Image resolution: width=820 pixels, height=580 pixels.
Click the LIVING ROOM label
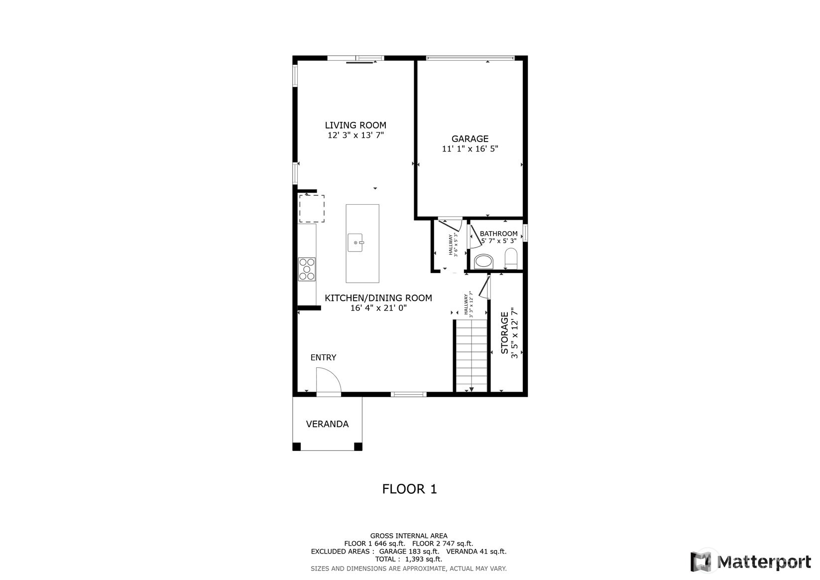coord(355,125)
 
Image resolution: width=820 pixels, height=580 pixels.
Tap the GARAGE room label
coord(469,139)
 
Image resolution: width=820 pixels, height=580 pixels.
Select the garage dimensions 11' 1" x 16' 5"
coord(470,149)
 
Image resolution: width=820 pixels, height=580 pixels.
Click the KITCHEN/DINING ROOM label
coord(378,298)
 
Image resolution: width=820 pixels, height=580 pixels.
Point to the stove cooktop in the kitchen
coord(307,269)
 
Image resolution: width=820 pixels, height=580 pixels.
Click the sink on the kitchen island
coord(355,243)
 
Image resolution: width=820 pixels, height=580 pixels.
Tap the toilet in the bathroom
coord(511,258)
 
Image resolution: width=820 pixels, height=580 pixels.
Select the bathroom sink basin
coord(483,262)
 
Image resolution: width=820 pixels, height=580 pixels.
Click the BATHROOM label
coord(498,233)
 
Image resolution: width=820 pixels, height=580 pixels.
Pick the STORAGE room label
coord(504,333)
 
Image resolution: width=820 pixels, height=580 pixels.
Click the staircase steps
coord(471,355)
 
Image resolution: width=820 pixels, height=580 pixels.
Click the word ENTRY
coord(323,358)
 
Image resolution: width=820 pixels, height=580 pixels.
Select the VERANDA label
coord(327,424)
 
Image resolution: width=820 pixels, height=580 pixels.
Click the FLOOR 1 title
coord(410,489)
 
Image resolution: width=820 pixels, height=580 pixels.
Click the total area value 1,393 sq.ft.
coord(424,559)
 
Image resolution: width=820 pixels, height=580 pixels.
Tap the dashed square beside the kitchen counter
coord(312,208)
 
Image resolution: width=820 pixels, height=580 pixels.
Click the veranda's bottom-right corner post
coord(358,446)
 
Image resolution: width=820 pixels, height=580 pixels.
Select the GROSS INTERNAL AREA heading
coord(409,536)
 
